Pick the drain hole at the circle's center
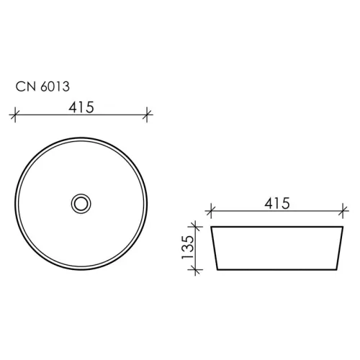click(81, 203)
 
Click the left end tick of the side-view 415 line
click(210, 212)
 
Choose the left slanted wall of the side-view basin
click(214, 248)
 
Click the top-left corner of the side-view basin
click(210, 227)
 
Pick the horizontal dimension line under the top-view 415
click(108, 113)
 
